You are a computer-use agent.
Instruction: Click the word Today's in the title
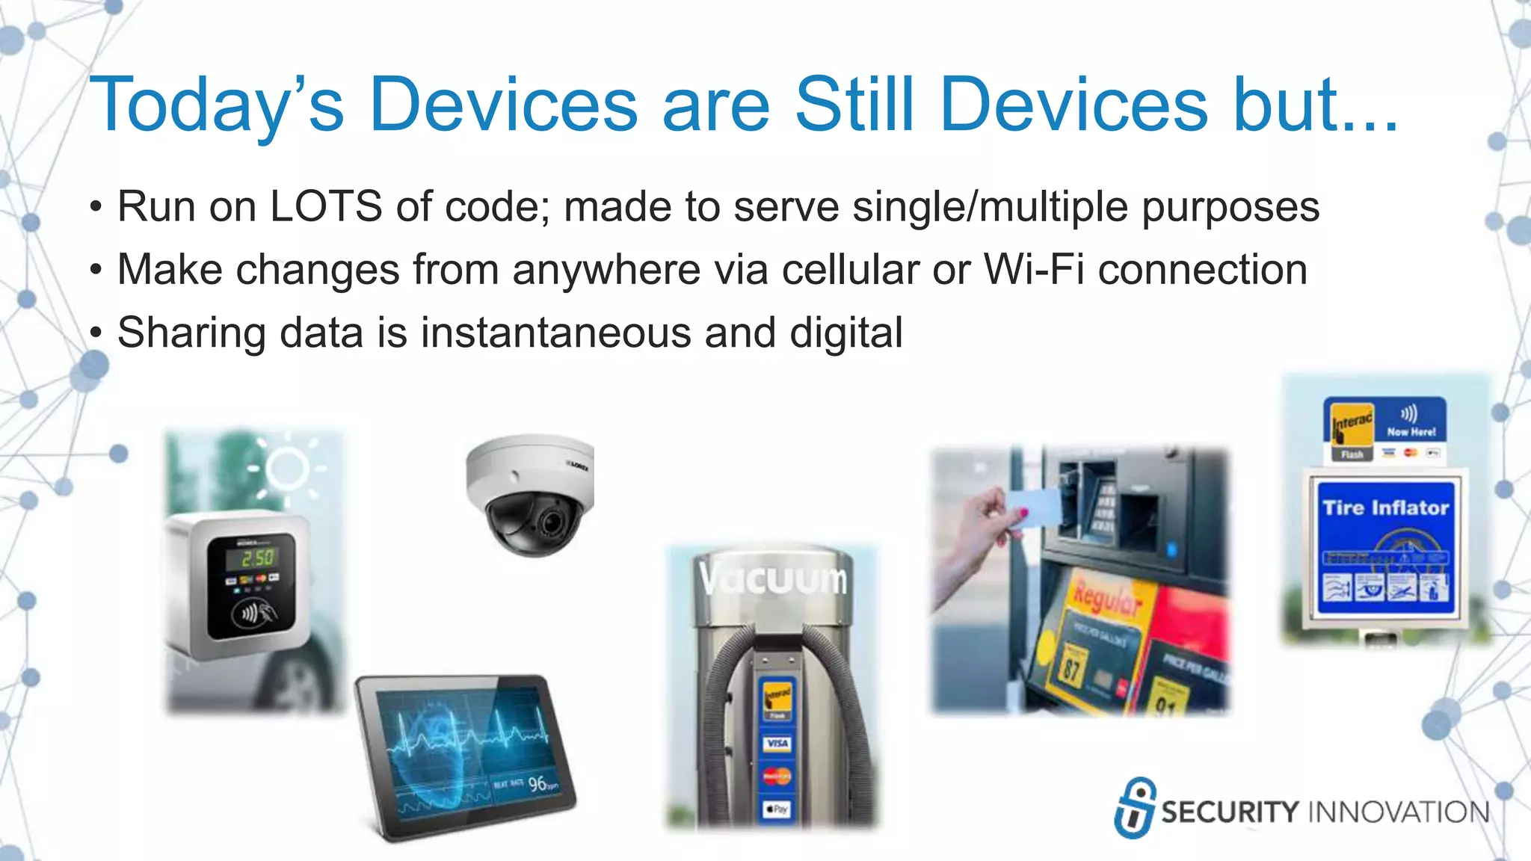point(217,105)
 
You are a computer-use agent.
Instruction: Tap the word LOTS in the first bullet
point(326,206)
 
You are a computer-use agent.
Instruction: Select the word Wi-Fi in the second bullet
point(1034,269)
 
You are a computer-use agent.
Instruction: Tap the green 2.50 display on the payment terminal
point(257,558)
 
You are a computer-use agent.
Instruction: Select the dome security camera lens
point(551,522)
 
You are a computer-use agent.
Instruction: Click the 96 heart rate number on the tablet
point(537,784)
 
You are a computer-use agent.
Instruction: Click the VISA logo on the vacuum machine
point(777,744)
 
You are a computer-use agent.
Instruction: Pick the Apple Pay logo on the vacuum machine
point(777,809)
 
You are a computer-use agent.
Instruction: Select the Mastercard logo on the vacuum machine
point(777,777)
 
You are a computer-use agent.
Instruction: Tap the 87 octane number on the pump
point(1072,667)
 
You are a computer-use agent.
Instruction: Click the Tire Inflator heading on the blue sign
point(1385,508)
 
